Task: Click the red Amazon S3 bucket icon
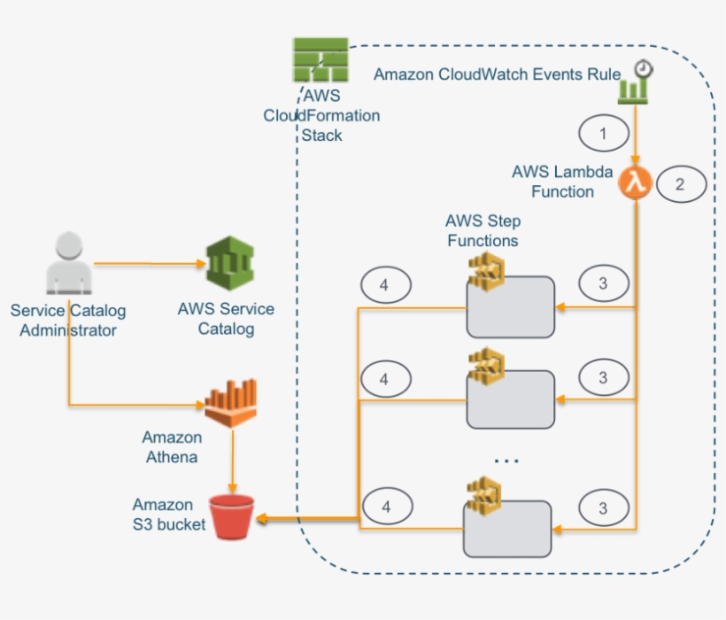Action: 231,516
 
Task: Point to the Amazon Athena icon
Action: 230,403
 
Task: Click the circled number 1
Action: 604,135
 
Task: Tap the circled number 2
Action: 680,185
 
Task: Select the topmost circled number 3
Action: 604,284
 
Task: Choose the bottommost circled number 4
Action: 385,508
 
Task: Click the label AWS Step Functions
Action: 483,230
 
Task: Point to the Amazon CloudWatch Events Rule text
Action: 497,74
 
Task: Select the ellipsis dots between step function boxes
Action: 506,460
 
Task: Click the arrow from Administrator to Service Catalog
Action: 147,263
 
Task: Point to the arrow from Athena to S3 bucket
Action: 232,461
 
